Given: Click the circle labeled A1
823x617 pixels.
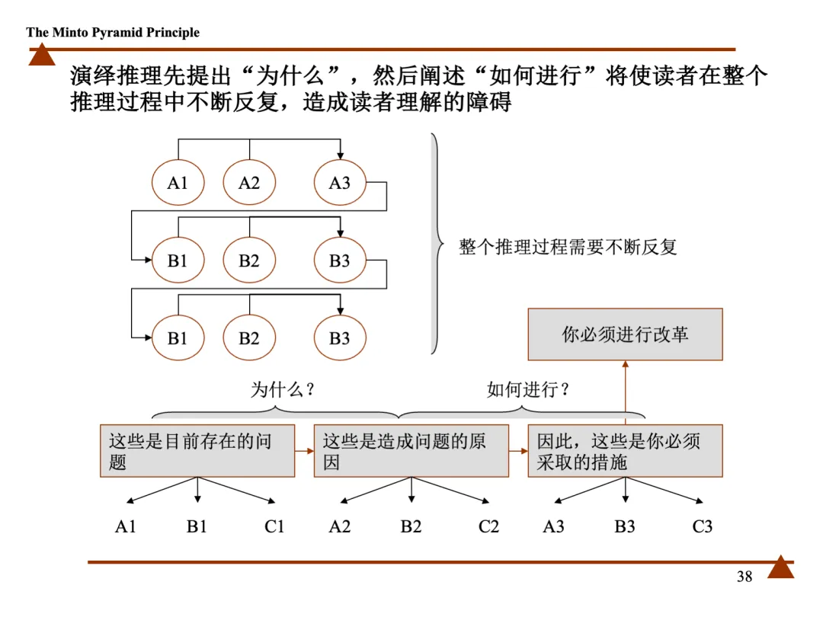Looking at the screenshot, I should pyautogui.click(x=178, y=183).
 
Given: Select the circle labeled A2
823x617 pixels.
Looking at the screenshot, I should pyautogui.click(x=249, y=183).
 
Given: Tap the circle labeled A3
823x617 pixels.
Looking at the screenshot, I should pyautogui.click(x=340, y=183).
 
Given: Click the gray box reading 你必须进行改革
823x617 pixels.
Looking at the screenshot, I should pyautogui.click(x=625, y=334).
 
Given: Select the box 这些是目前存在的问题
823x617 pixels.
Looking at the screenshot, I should pyautogui.click(x=197, y=451).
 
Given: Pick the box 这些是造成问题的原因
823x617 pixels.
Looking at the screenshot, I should pyautogui.click(x=411, y=451).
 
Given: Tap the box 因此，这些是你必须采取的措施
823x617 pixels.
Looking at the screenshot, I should pyautogui.click(x=625, y=451).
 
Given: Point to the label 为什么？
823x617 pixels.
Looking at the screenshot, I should pyautogui.click(x=283, y=390).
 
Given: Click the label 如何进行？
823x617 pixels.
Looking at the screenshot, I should pyautogui.click(x=528, y=390).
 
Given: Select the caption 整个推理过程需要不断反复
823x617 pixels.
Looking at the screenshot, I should pyautogui.click(x=568, y=247).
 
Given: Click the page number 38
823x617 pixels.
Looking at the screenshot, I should pyautogui.click(x=745, y=577).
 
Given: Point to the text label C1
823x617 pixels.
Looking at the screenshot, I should pyautogui.click(x=274, y=526).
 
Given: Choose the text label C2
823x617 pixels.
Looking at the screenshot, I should pyautogui.click(x=488, y=526).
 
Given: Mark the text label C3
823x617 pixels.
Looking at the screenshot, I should pyautogui.click(x=703, y=526).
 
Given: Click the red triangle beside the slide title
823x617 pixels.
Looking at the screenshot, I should pyautogui.click(x=42, y=55).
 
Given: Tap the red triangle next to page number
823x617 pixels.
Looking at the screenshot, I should pyautogui.click(x=780, y=567).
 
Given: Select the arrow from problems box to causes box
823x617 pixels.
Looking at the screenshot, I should pyautogui.click(x=304, y=451).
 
